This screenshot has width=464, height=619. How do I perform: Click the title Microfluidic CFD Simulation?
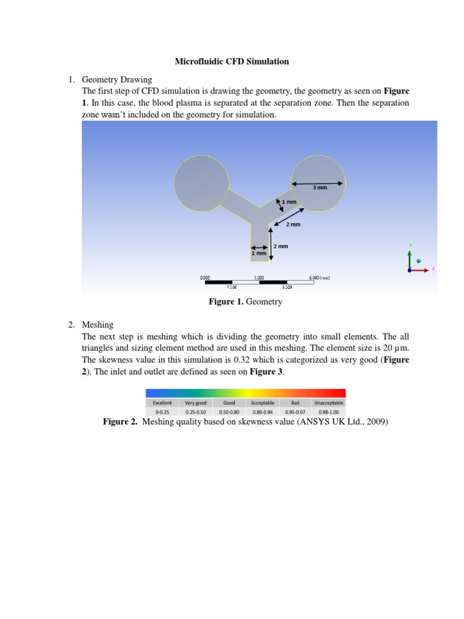click(x=232, y=61)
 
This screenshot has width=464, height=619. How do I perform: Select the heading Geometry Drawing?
click(x=117, y=80)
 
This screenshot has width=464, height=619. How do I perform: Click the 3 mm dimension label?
click(x=320, y=188)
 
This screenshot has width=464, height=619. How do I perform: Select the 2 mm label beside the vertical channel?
click(x=281, y=247)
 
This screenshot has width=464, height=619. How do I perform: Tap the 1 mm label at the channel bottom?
click(x=259, y=254)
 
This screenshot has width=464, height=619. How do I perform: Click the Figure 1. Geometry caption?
click(x=245, y=302)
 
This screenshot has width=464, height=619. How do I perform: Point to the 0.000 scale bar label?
click(x=205, y=277)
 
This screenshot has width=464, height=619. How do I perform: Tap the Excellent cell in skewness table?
click(x=162, y=402)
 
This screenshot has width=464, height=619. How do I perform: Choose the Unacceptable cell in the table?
click(x=329, y=402)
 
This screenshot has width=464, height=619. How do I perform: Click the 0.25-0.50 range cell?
click(x=196, y=412)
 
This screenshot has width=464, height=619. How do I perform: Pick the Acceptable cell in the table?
click(x=262, y=402)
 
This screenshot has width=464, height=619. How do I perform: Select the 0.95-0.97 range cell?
click(x=295, y=412)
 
